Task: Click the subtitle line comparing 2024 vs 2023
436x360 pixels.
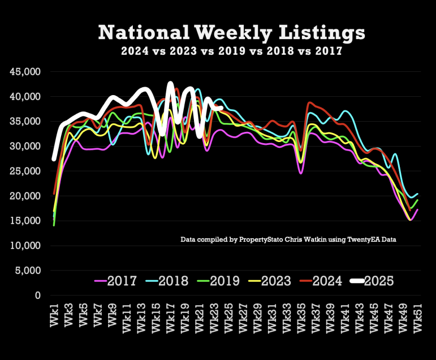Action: pos(232,51)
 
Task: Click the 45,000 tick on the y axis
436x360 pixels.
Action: pos(26,72)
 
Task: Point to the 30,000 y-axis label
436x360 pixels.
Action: pos(26,147)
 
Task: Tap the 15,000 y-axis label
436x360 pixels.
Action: pos(26,221)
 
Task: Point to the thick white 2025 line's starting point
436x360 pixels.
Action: pos(54,159)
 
